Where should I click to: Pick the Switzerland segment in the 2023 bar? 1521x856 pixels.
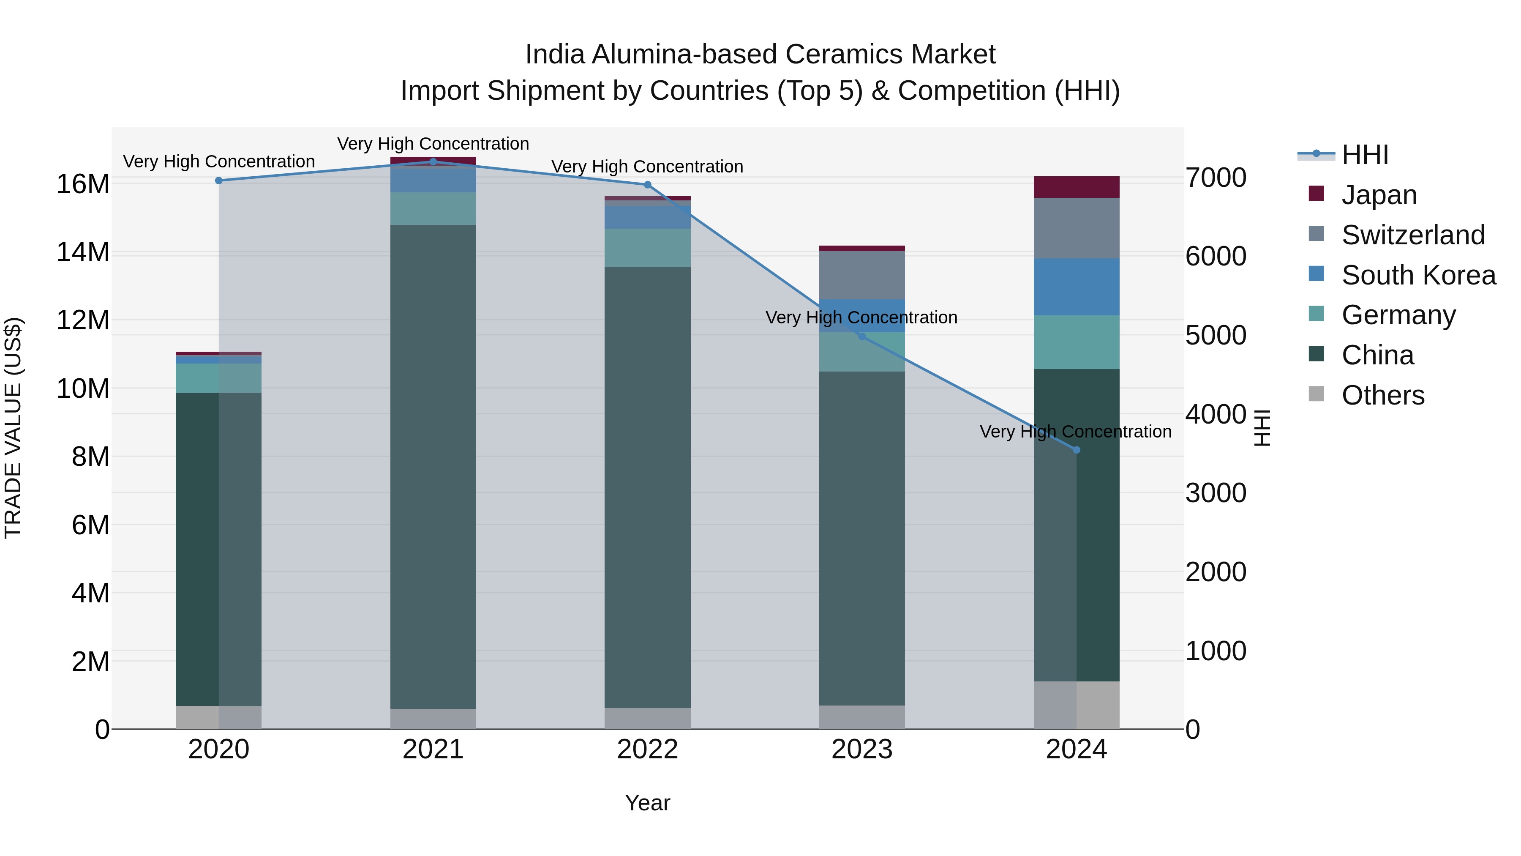tap(861, 275)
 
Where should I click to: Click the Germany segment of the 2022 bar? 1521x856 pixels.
tap(647, 248)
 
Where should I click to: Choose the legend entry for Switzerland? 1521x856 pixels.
tap(1412, 235)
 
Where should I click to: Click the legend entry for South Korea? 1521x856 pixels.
tap(1418, 275)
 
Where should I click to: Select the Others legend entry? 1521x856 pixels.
tap(1382, 395)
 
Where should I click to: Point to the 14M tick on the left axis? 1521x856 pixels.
tap(83, 252)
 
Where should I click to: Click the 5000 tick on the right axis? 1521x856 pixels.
tap(1215, 336)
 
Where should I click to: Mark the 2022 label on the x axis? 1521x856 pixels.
tap(647, 749)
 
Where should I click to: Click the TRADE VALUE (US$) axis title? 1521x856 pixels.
tap(13, 428)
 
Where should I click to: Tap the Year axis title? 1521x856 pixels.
tap(647, 803)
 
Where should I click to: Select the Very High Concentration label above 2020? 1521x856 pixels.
tap(218, 161)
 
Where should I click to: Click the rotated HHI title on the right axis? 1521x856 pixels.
tap(1262, 428)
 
